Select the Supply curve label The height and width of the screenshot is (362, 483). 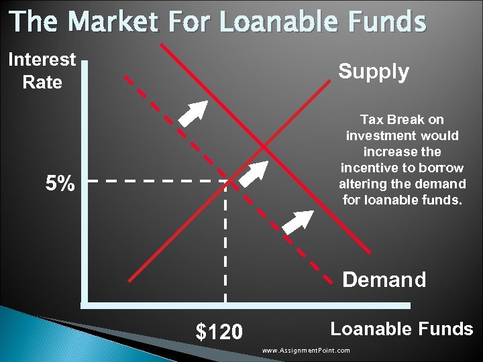click(x=373, y=72)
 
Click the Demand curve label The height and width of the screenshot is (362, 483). click(x=384, y=279)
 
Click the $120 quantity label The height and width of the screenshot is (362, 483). click(x=219, y=332)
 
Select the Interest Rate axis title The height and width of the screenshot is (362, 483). click(x=42, y=70)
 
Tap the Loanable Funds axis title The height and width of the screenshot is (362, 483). click(x=401, y=328)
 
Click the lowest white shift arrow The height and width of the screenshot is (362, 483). click(x=299, y=221)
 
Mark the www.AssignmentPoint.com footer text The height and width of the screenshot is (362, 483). click(x=306, y=351)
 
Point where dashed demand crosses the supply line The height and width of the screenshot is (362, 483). click(x=229, y=180)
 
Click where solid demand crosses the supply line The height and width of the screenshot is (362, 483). click(x=264, y=146)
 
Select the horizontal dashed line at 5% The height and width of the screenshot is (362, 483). click(x=154, y=181)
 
